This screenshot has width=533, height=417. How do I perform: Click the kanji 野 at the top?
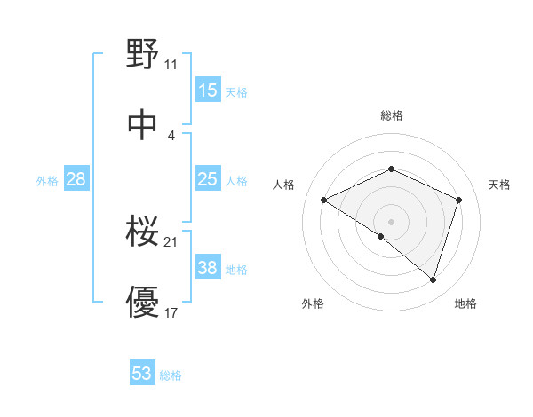click(x=142, y=56)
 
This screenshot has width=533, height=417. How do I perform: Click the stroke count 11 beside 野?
click(x=171, y=65)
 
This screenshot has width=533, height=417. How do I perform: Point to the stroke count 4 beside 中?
click(x=171, y=135)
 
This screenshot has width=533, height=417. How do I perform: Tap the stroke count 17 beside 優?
click(x=171, y=313)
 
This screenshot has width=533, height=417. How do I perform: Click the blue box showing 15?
click(x=207, y=90)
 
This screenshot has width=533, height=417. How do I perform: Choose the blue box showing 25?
click(x=207, y=180)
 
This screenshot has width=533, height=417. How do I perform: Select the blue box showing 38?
click(x=207, y=269)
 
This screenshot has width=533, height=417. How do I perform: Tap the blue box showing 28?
click(x=76, y=180)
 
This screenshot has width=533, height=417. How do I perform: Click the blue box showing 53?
click(x=142, y=374)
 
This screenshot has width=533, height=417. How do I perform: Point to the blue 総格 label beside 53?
click(x=171, y=375)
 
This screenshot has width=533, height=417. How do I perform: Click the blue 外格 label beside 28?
click(x=47, y=181)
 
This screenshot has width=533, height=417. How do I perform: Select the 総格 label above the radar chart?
click(x=392, y=115)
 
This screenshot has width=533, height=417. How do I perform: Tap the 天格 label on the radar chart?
click(x=499, y=185)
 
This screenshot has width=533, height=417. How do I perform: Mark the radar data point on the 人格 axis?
click(x=324, y=201)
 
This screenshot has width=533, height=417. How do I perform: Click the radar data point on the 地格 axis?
click(x=433, y=279)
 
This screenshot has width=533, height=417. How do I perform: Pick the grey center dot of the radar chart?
click(x=392, y=221)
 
